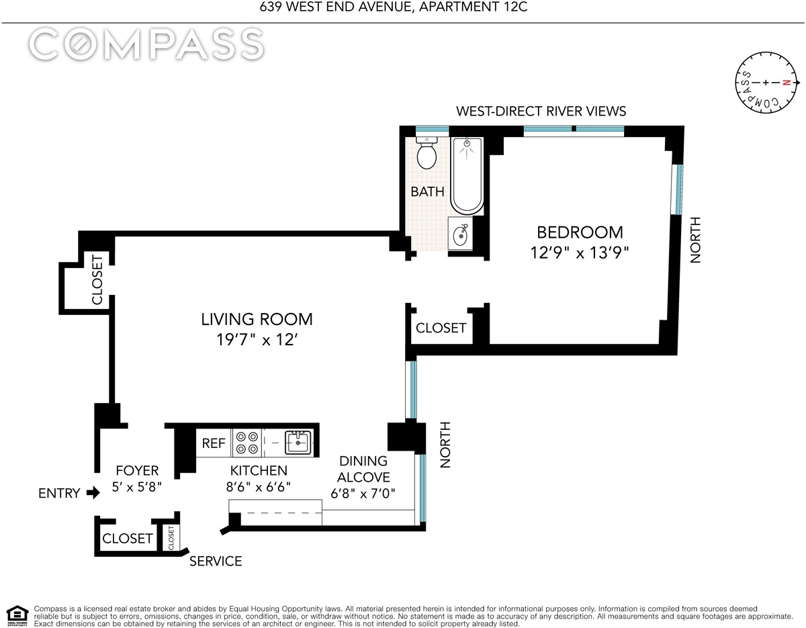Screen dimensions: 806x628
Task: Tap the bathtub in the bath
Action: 467,175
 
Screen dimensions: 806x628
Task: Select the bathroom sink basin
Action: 460,234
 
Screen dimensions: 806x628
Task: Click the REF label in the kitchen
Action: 214,443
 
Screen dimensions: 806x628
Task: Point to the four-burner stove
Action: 247,443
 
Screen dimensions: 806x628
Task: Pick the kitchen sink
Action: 298,442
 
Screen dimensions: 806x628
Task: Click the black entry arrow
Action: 93,492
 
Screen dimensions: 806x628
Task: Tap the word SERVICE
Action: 216,561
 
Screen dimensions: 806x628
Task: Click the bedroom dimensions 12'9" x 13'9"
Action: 580,253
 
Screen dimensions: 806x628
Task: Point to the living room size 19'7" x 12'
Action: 257,339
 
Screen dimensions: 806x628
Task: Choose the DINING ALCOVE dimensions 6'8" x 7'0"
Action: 363,494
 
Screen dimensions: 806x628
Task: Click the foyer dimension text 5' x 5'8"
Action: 137,487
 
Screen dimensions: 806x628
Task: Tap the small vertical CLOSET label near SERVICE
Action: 171,538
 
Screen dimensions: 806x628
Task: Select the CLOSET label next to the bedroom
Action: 441,328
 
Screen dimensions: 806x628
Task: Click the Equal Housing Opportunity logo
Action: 17,616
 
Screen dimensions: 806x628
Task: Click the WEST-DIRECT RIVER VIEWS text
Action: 541,111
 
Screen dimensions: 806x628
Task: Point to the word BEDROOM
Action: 580,232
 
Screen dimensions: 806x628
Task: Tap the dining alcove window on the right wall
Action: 422,488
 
